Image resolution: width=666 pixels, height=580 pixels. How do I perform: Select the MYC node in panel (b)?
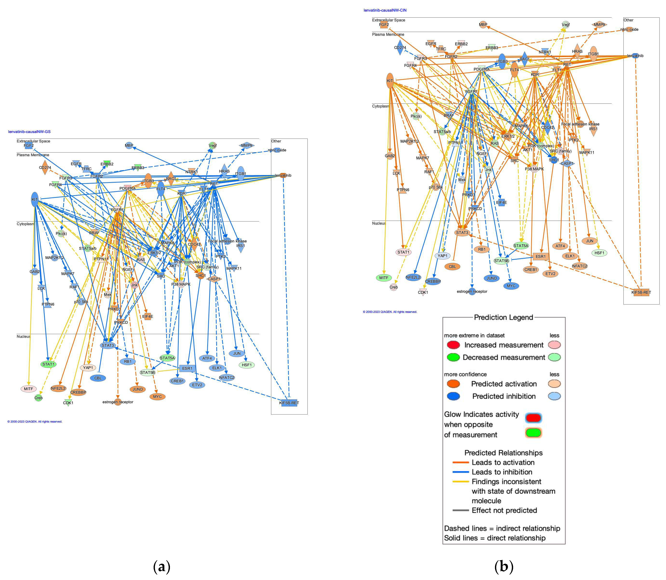coord(511,286)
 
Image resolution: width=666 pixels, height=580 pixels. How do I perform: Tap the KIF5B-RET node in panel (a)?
coord(289,403)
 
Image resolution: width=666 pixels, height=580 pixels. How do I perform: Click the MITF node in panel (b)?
coord(384,278)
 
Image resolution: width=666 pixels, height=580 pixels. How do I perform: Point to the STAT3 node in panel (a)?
coord(108,345)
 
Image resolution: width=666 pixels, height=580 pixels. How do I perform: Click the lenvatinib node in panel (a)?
coord(283,175)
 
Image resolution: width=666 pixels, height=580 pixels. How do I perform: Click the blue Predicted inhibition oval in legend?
coord(453,396)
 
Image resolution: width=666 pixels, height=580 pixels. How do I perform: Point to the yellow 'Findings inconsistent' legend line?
coord(460,482)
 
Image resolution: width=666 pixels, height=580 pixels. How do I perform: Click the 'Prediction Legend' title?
coord(503,317)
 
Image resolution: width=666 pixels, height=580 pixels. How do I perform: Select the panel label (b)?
coord(504,566)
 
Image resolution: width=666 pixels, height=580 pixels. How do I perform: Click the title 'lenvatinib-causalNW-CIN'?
coord(385,10)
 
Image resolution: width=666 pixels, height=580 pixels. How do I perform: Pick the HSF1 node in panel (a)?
coord(247,365)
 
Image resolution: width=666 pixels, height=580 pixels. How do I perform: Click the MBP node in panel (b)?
coord(483,25)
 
